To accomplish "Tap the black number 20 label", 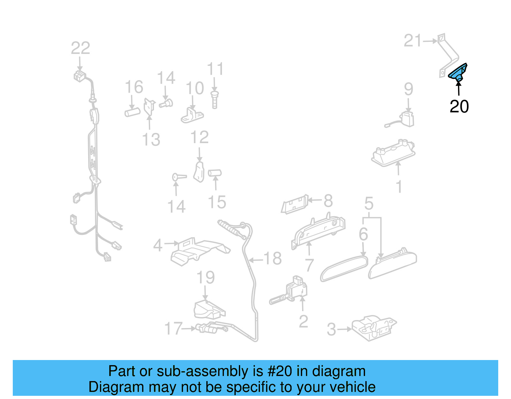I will pos(459,106).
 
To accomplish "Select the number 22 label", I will pos(80,48).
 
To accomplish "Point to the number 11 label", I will pos(215,69).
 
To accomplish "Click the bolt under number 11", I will pos(215,99).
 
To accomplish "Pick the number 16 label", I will pos(134,87).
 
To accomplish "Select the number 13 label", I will pos(151,140).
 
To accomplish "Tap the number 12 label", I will pos(199,137).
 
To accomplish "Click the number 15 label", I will pos(217,202).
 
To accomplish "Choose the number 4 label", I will pos(158,245).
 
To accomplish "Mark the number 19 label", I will pos(205,277).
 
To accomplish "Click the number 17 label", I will pos(173,328).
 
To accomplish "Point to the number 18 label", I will pos(273,258).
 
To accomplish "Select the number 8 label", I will pos(328,201).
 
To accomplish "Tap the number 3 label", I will pos(332,329).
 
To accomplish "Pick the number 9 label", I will pos(408,89).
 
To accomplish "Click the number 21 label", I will pos(413,41).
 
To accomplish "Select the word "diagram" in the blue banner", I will pos(339,371).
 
